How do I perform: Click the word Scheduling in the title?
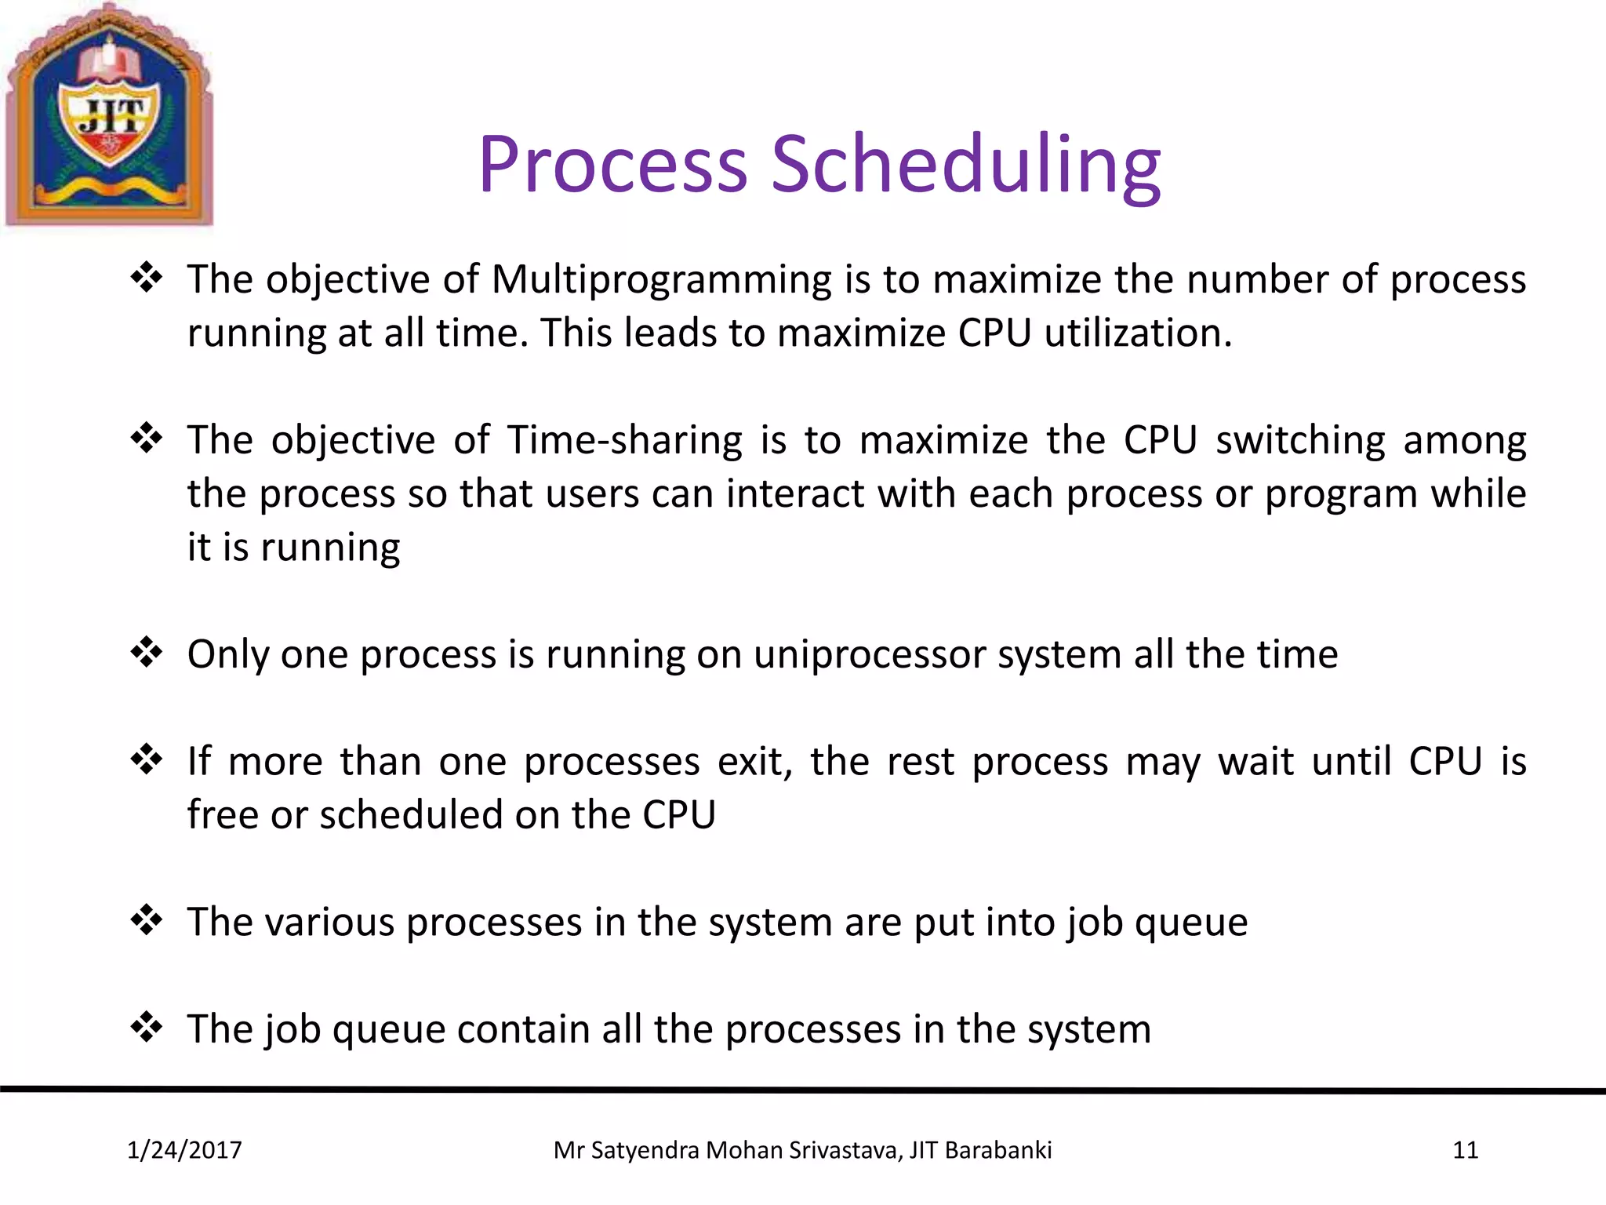click(965, 166)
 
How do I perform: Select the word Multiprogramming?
click(661, 281)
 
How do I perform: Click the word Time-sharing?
click(624, 441)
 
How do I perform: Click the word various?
click(329, 923)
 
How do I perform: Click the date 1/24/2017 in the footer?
click(184, 1150)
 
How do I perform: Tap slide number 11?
click(1465, 1150)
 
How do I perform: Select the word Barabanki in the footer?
click(997, 1150)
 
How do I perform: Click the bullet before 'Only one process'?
click(147, 652)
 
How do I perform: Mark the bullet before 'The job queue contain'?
click(147, 1027)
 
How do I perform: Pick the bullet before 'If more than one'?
click(147, 759)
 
